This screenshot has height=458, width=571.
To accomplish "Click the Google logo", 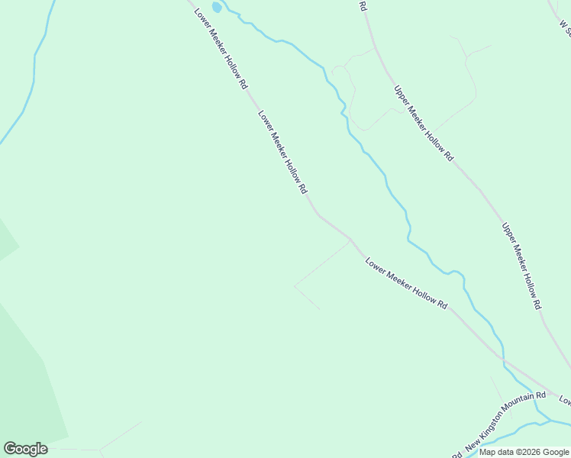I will [25, 449].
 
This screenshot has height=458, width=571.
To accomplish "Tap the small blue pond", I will [217, 8].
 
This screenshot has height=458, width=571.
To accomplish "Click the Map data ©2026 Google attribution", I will [524, 452].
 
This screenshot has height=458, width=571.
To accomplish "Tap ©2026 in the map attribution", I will [527, 452].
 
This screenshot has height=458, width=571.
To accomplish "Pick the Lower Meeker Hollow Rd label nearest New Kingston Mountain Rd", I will [405, 282].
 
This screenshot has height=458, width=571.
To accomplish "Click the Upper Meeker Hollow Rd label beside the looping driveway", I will [424, 123].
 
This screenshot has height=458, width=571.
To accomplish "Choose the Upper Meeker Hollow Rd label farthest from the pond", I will [521, 266].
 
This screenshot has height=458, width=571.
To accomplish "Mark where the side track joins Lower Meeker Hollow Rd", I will [350, 240].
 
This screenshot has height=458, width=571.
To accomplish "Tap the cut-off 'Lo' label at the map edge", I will [565, 399].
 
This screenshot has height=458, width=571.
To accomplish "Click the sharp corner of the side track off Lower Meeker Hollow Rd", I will [295, 286].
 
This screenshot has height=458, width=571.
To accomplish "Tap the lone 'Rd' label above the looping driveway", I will [363, 6].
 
